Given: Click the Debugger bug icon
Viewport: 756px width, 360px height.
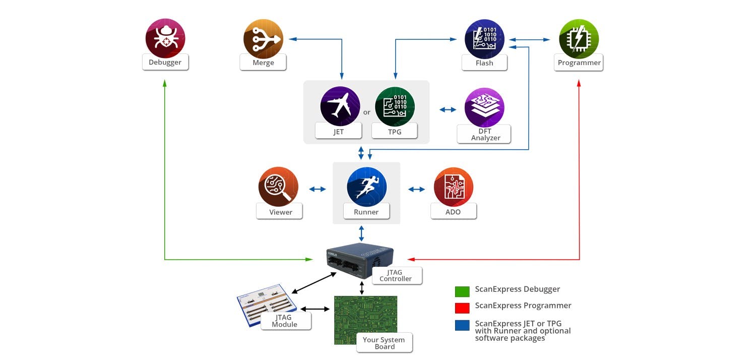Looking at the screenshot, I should coord(165,38).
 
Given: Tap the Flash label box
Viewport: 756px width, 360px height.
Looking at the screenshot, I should coord(484,63).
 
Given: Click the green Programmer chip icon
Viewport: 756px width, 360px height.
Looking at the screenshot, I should coord(579,39).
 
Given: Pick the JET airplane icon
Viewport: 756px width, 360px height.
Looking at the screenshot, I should coord(340,106).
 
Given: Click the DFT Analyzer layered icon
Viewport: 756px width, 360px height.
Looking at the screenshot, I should coord(484,107).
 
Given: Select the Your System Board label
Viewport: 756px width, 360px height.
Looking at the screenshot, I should coord(384,343).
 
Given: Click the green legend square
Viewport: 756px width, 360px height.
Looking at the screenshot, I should coord(462,291).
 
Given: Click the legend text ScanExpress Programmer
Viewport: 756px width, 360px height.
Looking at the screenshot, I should coord(523,306).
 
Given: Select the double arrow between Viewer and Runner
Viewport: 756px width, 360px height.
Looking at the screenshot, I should coord(318,189).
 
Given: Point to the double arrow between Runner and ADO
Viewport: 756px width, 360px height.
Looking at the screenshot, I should coord(416,189).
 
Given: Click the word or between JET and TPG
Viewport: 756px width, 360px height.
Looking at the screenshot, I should coord(367,112).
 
